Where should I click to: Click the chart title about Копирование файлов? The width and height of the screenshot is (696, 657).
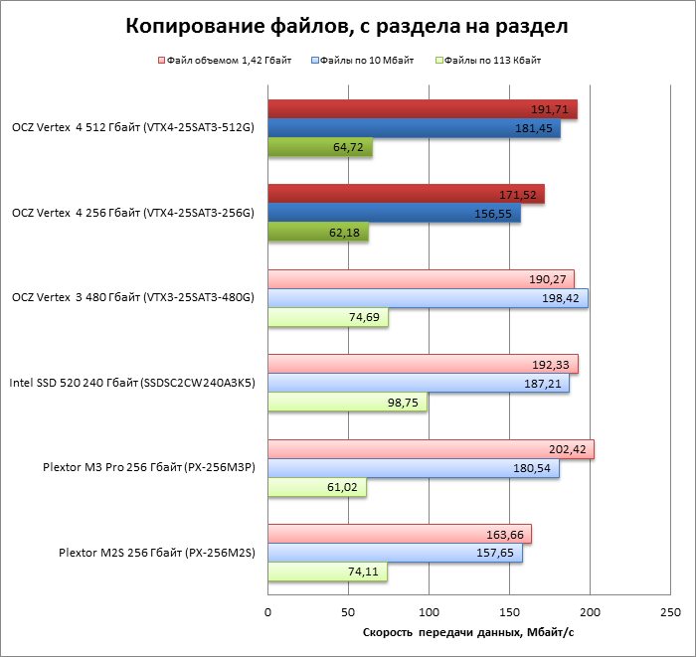(x=347, y=27)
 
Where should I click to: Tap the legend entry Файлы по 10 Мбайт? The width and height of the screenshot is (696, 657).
(x=370, y=61)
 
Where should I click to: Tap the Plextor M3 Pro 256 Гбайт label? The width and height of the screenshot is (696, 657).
(x=149, y=467)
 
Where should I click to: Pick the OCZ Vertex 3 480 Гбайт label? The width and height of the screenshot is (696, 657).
(x=132, y=297)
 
